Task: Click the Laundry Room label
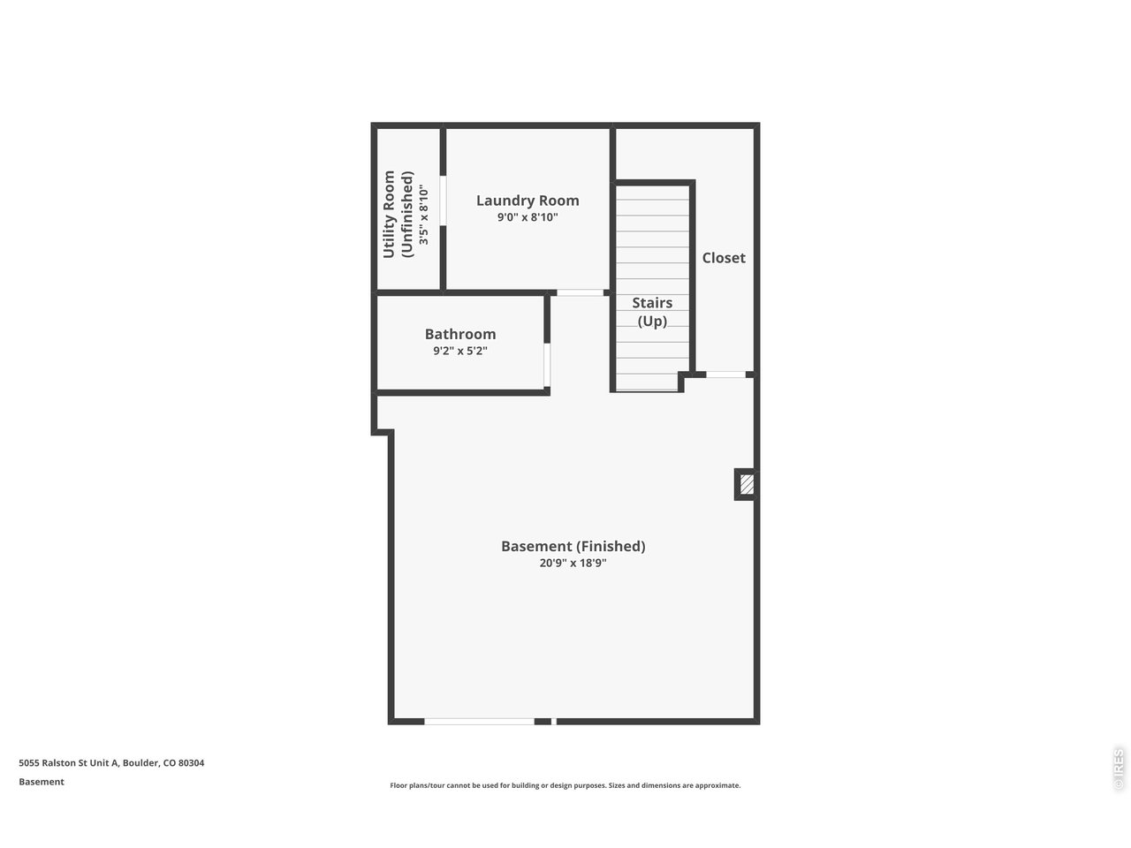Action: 528,201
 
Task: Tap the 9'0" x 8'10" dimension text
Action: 528,217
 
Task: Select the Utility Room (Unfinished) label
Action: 399,215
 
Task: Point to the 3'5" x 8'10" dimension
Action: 424,215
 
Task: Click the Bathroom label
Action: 460,334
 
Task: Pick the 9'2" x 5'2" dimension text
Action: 460,351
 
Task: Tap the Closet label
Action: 724,258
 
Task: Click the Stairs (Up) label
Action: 652,312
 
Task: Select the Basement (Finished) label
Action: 573,546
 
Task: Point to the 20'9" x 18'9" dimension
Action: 573,563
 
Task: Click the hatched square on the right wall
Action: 747,484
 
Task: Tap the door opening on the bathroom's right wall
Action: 547,365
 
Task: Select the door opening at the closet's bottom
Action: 725,375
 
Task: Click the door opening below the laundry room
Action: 580,292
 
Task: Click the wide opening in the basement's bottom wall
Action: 480,722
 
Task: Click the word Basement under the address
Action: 42,782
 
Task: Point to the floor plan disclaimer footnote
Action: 565,785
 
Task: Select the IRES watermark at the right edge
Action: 1119,768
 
